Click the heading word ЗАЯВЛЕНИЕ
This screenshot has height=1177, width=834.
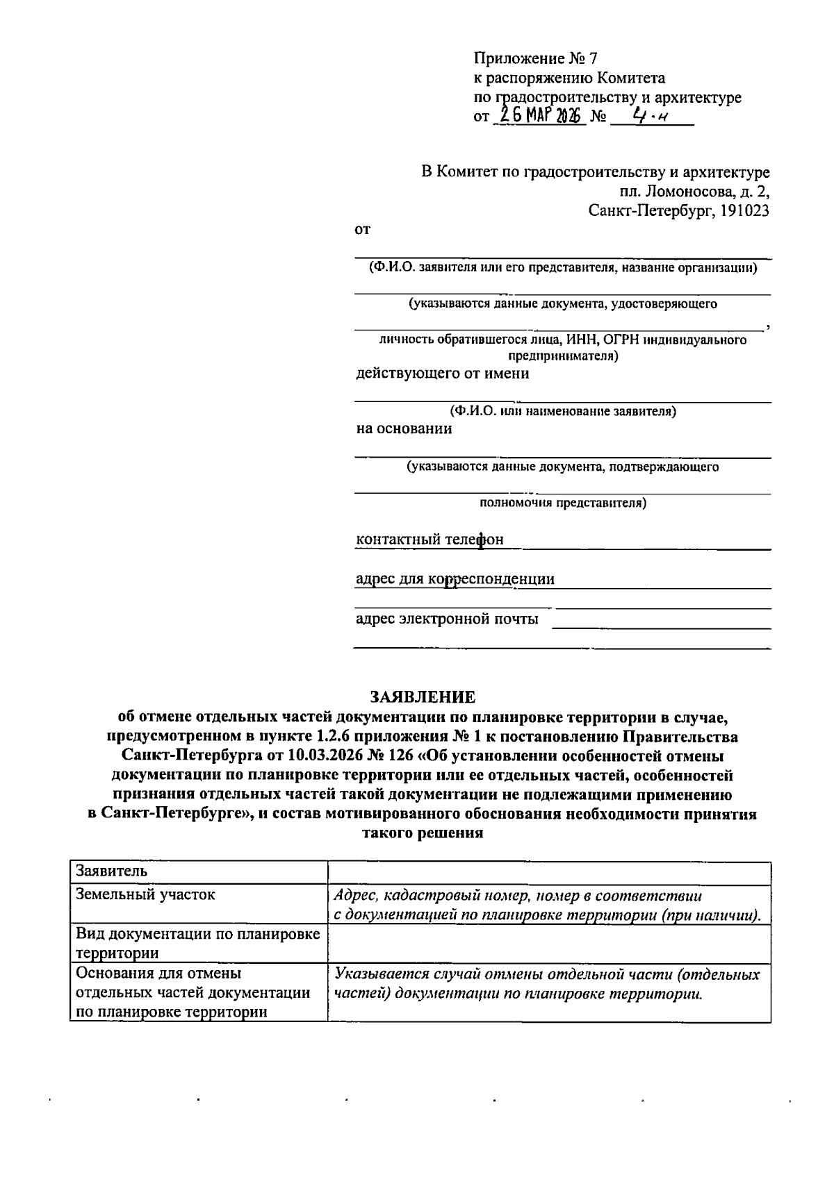pyautogui.click(x=422, y=696)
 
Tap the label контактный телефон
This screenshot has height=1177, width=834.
pyautogui.click(x=430, y=540)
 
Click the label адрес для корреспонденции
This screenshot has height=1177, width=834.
pyautogui.click(x=455, y=579)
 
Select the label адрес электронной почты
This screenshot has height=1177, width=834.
pyautogui.click(x=447, y=619)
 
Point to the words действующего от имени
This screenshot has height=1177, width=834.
pyautogui.click(x=442, y=374)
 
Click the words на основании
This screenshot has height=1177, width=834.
pyautogui.click(x=404, y=428)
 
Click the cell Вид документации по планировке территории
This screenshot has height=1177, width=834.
pyautogui.click(x=198, y=943)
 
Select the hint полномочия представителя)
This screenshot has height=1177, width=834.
pyautogui.click(x=563, y=503)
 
